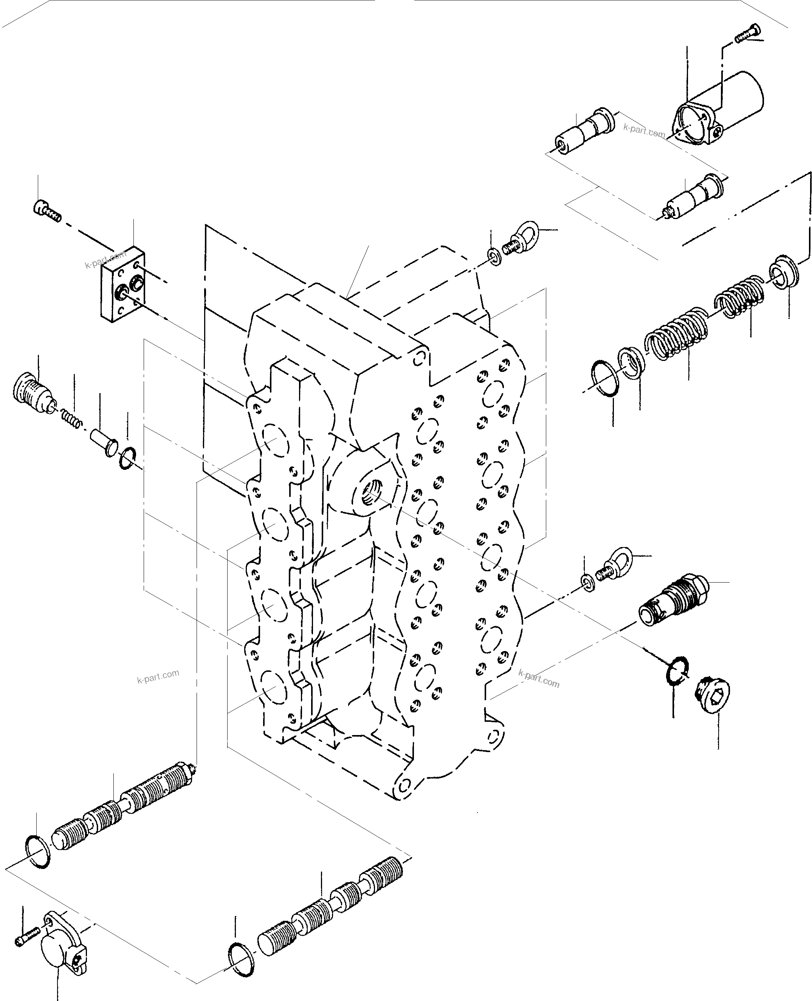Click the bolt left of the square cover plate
tap(47, 211)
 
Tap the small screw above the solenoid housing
tap(748, 33)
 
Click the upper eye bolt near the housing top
tap(523, 236)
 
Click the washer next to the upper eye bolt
tap(494, 256)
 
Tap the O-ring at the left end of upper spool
tap(37, 851)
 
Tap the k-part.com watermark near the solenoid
tap(644, 131)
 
